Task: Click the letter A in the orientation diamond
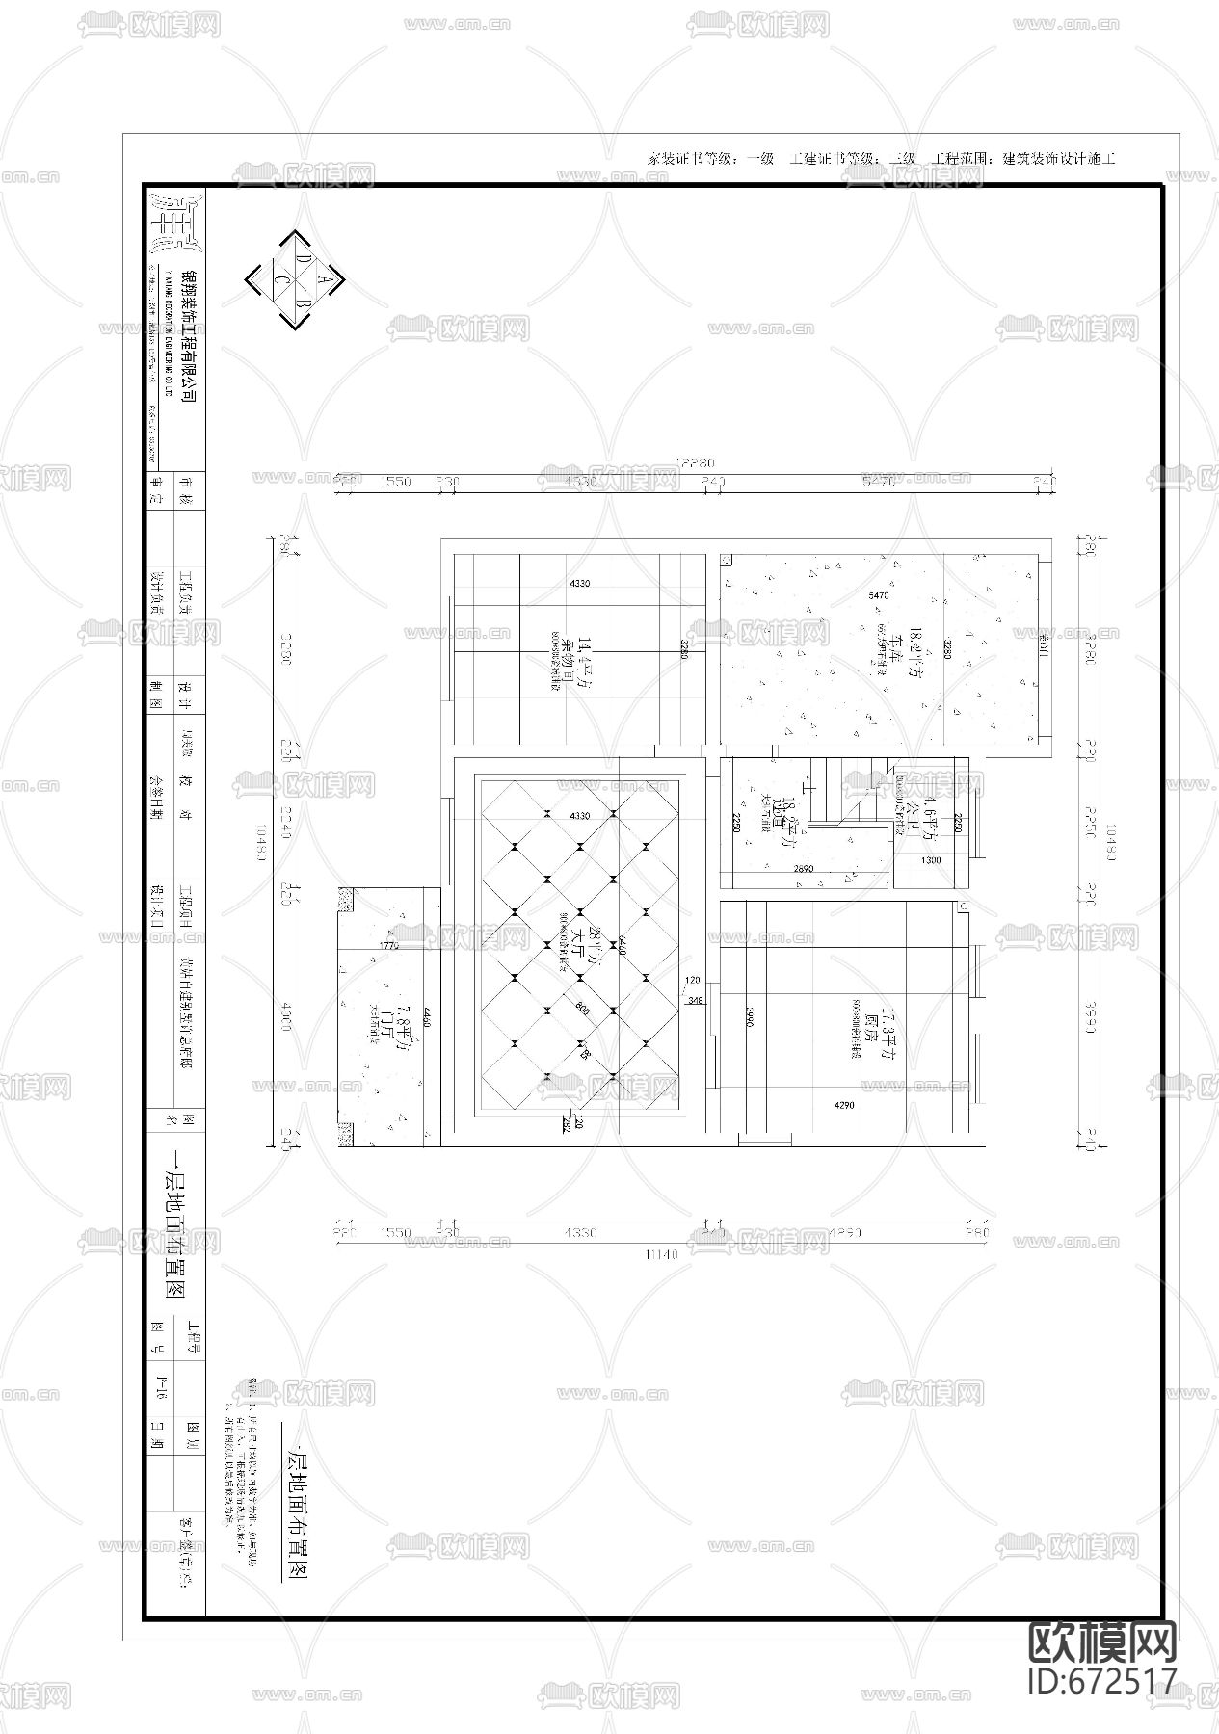pos(325,280)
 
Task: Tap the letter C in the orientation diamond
pos(283,279)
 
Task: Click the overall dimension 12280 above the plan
pos(695,463)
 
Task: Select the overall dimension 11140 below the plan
pos(665,1254)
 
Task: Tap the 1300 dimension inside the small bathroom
pos(931,860)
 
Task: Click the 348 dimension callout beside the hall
pos(695,1002)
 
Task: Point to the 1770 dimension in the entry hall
pos(389,947)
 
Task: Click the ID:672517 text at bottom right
pos(1103,1680)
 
